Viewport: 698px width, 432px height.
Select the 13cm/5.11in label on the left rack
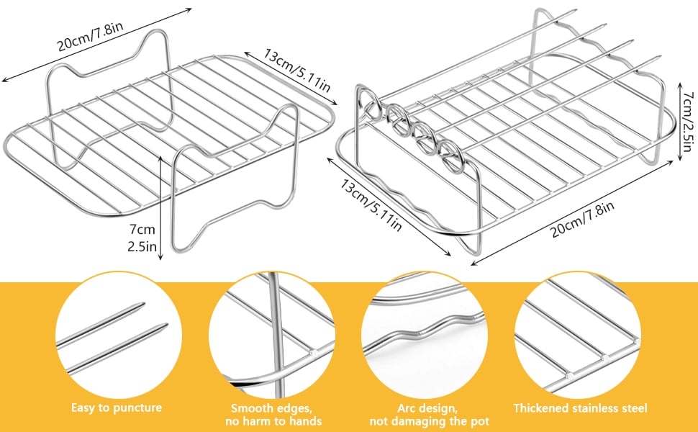(x=288, y=73)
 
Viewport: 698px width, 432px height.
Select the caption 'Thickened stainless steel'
(x=580, y=408)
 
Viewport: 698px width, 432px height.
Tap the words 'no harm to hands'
(x=271, y=420)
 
